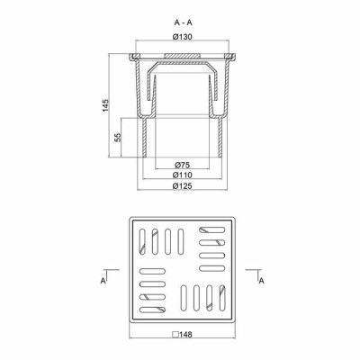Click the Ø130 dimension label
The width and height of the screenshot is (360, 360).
tap(183, 37)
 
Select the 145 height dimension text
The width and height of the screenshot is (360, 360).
tap(105, 105)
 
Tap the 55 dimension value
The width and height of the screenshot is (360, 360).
tap(118, 137)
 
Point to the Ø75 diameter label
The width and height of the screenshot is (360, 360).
tap(182, 165)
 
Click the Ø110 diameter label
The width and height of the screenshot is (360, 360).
tap(183, 175)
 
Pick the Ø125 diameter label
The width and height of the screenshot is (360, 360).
tap(183, 185)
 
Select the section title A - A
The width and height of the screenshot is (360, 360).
tap(184, 22)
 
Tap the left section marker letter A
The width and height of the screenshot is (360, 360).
tap(103, 281)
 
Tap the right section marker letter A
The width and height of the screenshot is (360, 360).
tap(262, 281)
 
